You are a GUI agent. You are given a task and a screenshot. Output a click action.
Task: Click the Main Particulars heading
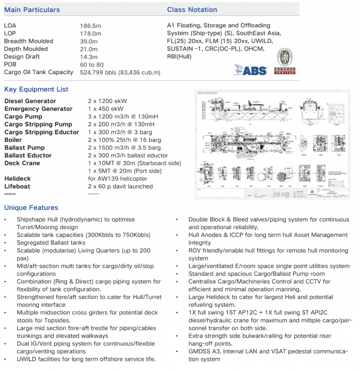(x=32, y=9)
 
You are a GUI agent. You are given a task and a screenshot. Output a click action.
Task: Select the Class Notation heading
(x=192, y=9)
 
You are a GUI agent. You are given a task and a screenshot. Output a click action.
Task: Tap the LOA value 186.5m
(x=90, y=26)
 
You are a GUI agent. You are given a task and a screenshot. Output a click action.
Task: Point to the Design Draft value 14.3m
(x=89, y=57)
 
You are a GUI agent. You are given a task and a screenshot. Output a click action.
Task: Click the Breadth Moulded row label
(x=29, y=41)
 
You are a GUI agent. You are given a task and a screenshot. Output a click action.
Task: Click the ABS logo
(x=250, y=70)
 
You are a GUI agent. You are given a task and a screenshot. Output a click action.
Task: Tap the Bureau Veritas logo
(x=285, y=64)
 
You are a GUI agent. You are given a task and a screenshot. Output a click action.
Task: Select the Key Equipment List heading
(x=36, y=89)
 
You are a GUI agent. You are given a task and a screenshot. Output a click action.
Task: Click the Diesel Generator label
(x=30, y=101)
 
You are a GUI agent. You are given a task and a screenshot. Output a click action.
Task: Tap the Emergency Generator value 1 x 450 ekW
(x=105, y=109)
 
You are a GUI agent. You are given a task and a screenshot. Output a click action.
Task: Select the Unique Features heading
(x=31, y=208)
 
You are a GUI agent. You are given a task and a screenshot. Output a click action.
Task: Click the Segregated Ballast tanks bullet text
(x=51, y=243)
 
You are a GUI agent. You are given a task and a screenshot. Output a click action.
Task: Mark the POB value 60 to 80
(x=92, y=65)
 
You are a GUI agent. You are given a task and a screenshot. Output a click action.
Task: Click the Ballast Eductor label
(x=28, y=155)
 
